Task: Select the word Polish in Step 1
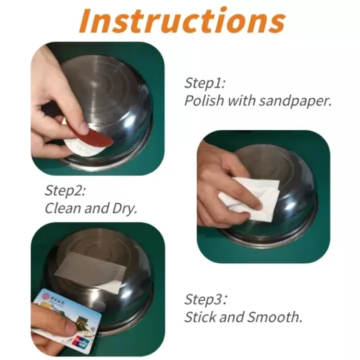[x=201, y=100]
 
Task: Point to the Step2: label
[x=66, y=191]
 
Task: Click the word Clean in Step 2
[x=63, y=208]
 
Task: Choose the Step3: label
[x=206, y=299]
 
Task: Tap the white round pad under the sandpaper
[x=75, y=147]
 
